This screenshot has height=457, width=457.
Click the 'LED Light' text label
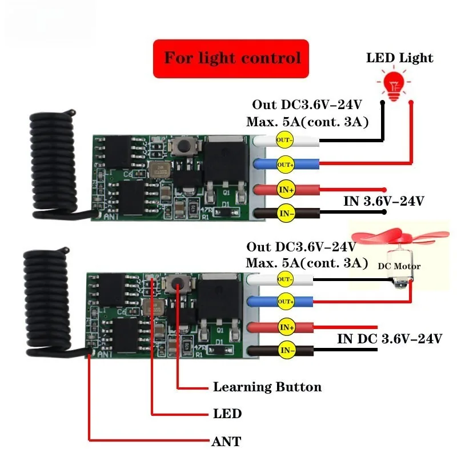399,58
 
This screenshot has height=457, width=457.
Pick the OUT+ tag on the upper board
284,165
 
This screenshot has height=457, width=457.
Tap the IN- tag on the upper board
284,214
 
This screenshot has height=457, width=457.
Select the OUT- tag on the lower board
284,279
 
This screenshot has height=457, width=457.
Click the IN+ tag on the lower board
285,327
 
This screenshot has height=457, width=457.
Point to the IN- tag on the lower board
284,350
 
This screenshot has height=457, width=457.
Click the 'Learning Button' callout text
267,387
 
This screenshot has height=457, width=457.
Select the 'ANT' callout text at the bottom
227,441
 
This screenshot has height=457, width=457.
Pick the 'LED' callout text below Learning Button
227,414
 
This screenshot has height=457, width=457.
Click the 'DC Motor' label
399,266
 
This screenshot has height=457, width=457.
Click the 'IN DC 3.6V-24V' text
390,338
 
